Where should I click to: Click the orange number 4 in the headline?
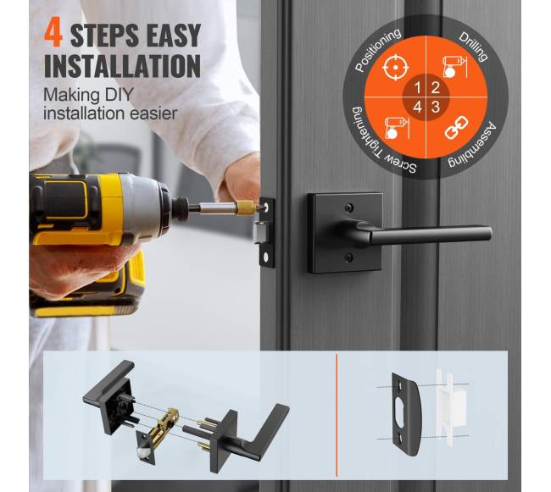[x=53, y=34]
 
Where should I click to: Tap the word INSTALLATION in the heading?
[x=123, y=66]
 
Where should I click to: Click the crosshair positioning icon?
[x=395, y=68]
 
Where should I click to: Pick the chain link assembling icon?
[x=456, y=128]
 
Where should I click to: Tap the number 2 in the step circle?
[x=436, y=88]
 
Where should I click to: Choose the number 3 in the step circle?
[x=436, y=107]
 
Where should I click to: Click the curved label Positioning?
[x=376, y=49]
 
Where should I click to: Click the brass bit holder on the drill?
[x=246, y=207]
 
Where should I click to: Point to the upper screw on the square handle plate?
[x=349, y=207]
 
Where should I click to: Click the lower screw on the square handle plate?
[x=349, y=258]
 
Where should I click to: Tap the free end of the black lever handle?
[x=488, y=234]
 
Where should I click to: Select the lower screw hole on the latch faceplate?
[x=266, y=257]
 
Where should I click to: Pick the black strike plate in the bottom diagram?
[x=405, y=414]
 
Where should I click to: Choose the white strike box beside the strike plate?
[x=451, y=407]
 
